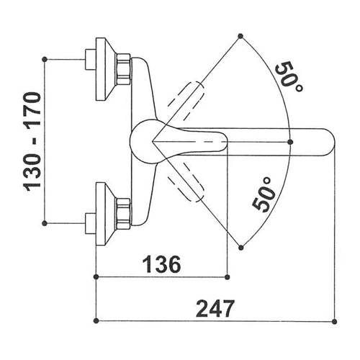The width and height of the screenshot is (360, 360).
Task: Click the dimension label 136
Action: tap(161, 264)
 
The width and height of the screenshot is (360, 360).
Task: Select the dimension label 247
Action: tap(215, 308)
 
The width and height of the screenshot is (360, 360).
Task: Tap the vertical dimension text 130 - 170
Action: tap(32, 142)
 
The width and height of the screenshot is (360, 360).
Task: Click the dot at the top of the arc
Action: tap(240, 36)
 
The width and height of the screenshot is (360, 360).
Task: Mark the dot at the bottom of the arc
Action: tap(241, 248)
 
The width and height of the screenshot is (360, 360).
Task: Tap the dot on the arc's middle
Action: tap(290, 142)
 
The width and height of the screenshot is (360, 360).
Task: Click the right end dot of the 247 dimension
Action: tap(335, 321)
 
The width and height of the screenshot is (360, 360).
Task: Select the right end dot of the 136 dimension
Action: tap(228, 277)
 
